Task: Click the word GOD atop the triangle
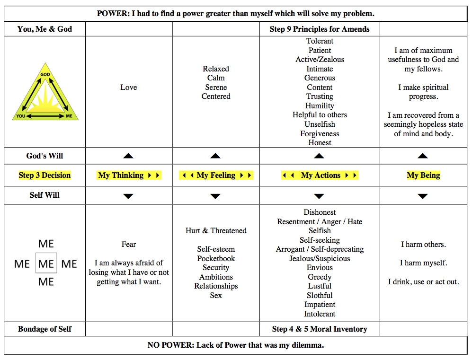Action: coord(45,75)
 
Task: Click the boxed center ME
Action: coord(46,263)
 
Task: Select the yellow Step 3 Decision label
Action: coord(45,176)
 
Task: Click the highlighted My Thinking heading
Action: coord(129,176)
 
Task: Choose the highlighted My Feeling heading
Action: coord(216,176)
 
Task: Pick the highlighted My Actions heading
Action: coord(320,176)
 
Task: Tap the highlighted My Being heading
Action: coord(423,176)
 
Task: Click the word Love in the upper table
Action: coord(129,88)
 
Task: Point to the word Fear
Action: coord(129,245)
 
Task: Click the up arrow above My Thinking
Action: coord(128,156)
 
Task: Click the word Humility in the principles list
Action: coord(320,106)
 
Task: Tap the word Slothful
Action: coord(320,296)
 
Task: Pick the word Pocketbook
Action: coord(216,259)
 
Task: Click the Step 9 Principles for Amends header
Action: coord(320,29)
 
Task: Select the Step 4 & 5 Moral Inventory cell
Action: coord(320,329)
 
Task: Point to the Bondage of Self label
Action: coord(45,329)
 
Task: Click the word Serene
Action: coord(216,88)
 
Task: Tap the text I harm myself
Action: coord(423,263)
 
